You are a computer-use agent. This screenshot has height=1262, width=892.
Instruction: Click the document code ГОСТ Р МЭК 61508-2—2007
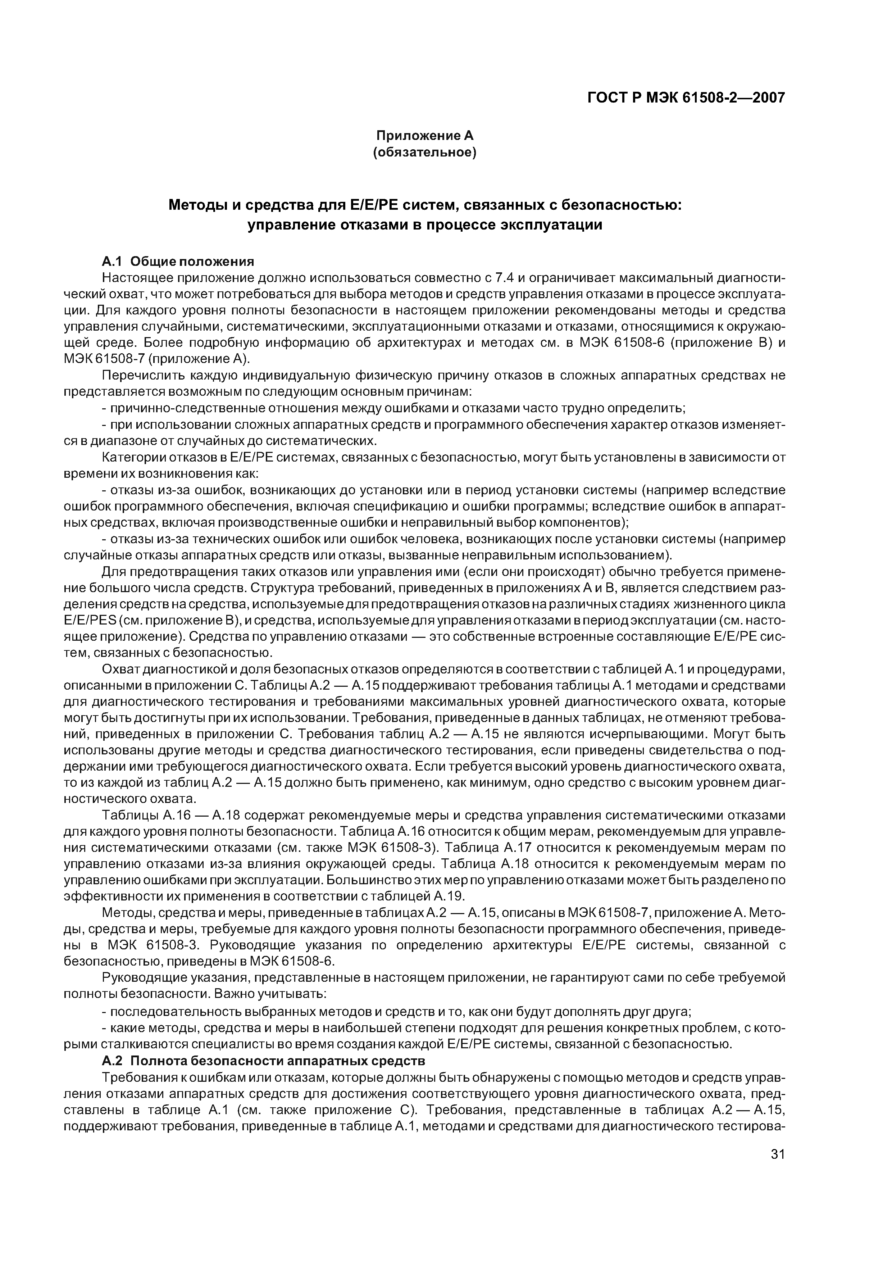tap(686, 98)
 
